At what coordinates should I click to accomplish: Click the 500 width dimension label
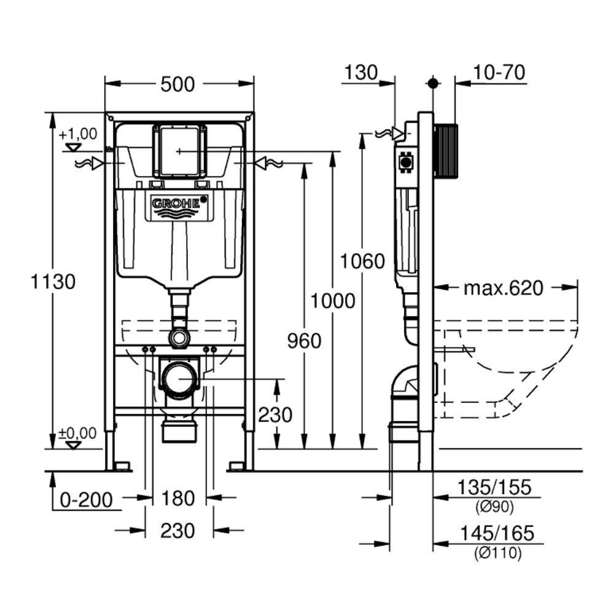pyautogui.click(x=177, y=84)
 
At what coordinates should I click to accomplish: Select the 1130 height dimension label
pyautogui.click(x=53, y=282)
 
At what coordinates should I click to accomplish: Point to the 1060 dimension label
pyautogui.click(x=363, y=262)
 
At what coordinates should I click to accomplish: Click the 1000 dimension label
pyautogui.click(x=333, y=301)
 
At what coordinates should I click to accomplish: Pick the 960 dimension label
pyautogui.click(x=305, y=341)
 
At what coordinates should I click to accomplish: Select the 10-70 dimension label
pyautogui.click(x=499, y=72)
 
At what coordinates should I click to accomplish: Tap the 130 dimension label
pyautogui.click(x=360, y=72)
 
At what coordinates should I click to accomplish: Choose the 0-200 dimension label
pyautogui.click(x=87, y=500)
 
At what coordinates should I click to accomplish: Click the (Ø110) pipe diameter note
pyautogui.click(x=497, y=553)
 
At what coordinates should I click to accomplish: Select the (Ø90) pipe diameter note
pyautogui.click(x=494, y=507)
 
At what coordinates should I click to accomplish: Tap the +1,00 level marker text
pyautogui.click(x=78, y=133)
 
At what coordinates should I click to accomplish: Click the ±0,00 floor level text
pyautogui.click(x=77, y=433)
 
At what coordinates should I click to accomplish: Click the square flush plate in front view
pyautogui.click(x=179, y=151)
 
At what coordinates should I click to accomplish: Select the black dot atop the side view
pyautogui.click(x=433, y=83)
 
